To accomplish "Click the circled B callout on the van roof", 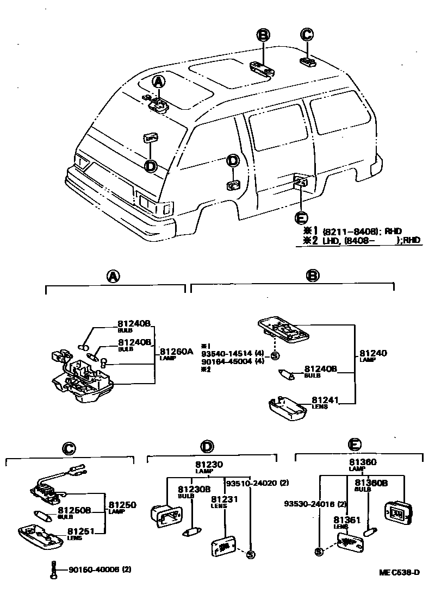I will point(263,36).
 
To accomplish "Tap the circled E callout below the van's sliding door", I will point(300,217).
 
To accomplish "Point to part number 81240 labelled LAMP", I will point(373,354).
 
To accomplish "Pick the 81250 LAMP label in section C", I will point(122,505).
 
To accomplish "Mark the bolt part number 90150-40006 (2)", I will point(100,569).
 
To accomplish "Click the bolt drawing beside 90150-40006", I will point(53,569).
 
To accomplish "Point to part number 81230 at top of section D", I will point(209,465).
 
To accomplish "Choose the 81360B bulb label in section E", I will point(371,483).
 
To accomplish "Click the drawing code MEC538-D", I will point(400,573).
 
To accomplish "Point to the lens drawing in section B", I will point(289,406).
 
